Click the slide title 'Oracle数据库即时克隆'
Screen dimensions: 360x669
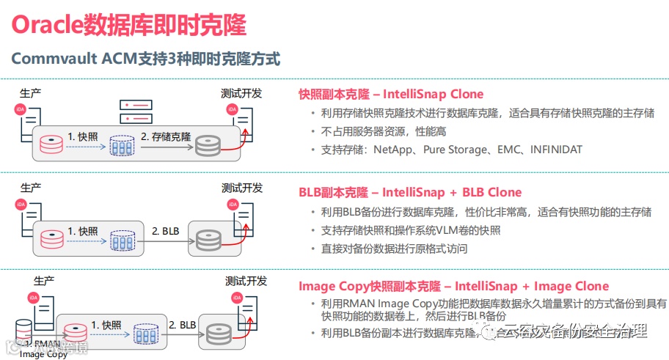(129, 24)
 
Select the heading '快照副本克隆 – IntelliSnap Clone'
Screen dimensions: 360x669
(391, 94)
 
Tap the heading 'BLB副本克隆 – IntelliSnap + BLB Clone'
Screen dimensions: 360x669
(410, 192)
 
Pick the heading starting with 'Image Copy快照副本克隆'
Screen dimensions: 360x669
(453, 286)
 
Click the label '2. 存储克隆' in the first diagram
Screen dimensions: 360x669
(166, 136)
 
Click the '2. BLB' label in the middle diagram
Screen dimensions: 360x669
(166, 231)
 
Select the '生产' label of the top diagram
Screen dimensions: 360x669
(31, 93)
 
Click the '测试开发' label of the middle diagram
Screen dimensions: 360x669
(241, 188)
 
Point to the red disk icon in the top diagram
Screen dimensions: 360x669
(51, 143)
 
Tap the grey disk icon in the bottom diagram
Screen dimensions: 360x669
(218, 334)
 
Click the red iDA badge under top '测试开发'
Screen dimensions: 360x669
(233, 109)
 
